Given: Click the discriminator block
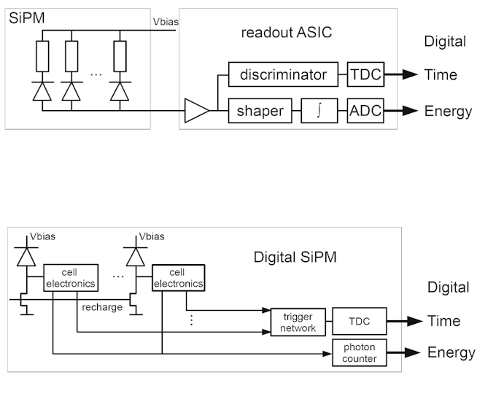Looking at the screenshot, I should (x=284, y=74).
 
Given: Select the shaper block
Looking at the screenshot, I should (x=260, y=112).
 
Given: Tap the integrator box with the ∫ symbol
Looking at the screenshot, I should (x=319, y=112).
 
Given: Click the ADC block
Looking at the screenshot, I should (x=364, y=112).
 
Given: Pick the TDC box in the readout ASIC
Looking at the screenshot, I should (x=364, y=74).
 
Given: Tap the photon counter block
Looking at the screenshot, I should (x=360, y=352).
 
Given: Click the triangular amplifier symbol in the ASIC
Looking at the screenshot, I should (x=196, y=112).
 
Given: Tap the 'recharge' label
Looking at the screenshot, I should (x=102, y=307).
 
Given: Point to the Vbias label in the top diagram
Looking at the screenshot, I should (x=166, y=22).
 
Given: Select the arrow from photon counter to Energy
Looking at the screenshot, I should (x=404, y=352).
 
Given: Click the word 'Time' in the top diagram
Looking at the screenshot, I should (x=441, y=74).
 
